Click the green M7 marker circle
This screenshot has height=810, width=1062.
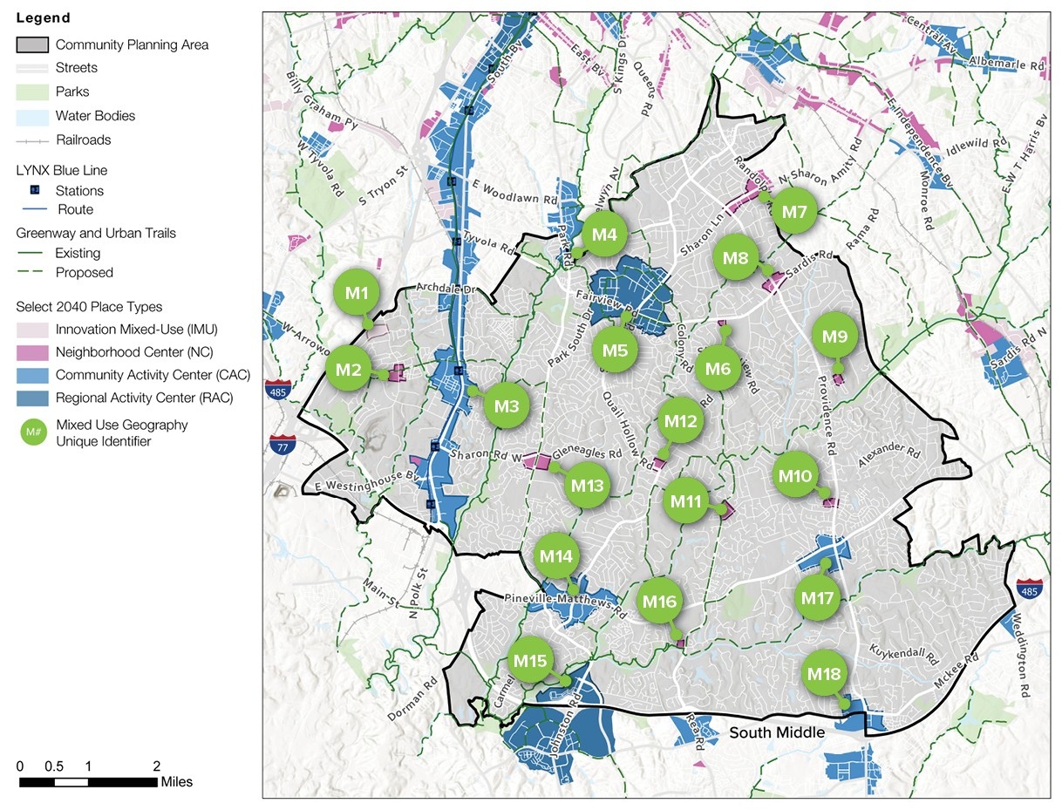(x=794, y=212)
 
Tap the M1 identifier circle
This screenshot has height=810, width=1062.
(x=356, y=294)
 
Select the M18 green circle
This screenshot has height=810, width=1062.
(x=824, y=674)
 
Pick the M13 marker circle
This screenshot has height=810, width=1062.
(x=587, y=486)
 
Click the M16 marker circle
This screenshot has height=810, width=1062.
(x=659, y=602)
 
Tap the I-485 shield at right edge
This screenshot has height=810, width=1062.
(x=1029, y=590)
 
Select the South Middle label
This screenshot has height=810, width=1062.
(x=776, y=732)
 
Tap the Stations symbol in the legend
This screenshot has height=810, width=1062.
(x=35, y=190)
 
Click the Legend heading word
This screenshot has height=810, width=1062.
(x=43, y=17)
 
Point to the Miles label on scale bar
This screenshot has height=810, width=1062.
(x=177, y=781)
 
